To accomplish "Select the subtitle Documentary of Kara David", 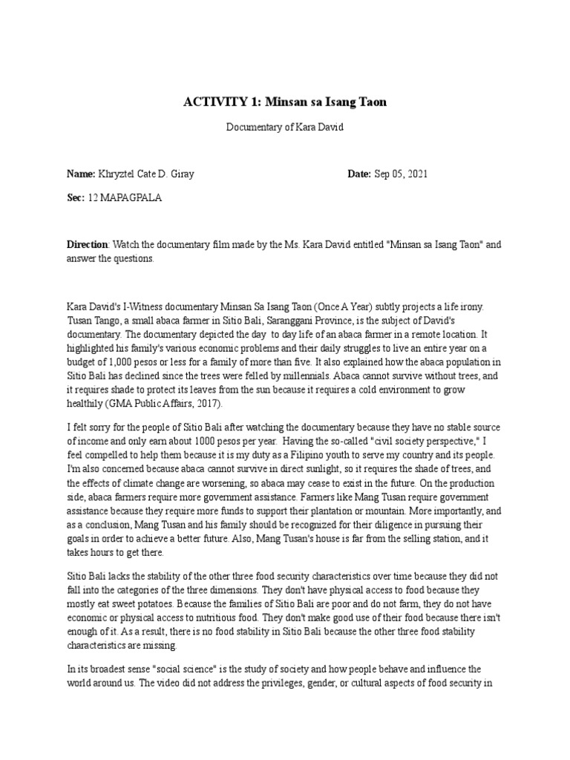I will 285,127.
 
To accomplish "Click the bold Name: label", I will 81,174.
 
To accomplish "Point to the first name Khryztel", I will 119,174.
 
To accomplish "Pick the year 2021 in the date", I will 415,174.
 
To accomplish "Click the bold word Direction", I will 88,243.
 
